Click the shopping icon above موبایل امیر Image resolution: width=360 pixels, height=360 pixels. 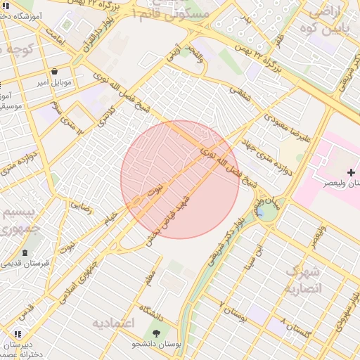click(55, 71)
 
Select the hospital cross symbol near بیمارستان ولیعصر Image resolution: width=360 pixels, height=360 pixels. click(352, 172)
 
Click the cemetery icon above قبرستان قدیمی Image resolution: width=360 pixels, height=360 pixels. click(26, 252)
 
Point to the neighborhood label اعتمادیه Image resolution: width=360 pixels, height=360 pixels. click(113, 323)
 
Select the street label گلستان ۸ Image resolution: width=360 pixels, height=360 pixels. click(294, 328)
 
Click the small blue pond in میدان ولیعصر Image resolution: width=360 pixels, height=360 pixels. click(261, 211)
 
